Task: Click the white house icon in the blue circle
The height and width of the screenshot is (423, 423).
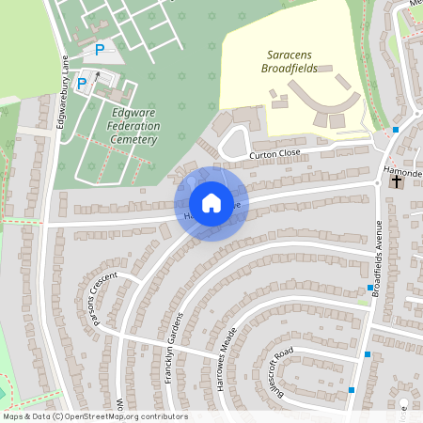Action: pos(211,202)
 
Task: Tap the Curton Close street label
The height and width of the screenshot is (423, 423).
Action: pos(274,152)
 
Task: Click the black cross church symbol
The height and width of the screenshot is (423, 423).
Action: pos(396,181)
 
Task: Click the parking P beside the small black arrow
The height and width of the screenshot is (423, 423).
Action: pos(82,84)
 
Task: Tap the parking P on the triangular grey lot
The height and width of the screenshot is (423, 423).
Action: pos(100,50)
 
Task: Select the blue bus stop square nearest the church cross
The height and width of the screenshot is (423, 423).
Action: pos(396,129)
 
